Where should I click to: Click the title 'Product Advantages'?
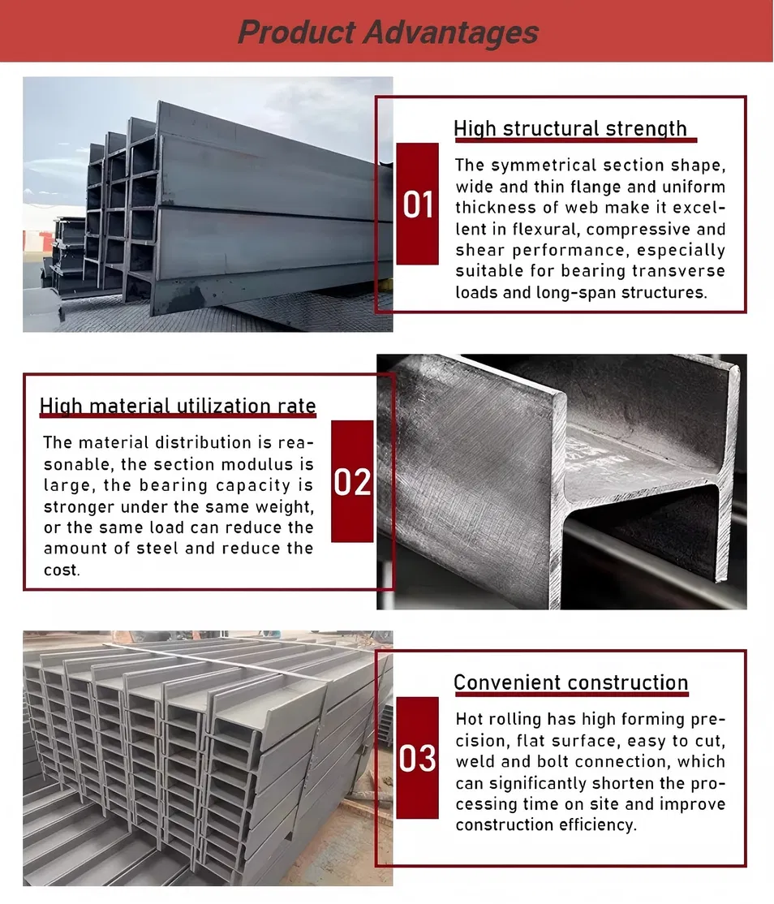click(x=388, y=32)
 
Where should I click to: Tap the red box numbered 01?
click(x=418, y=204)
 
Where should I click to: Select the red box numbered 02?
click(x=352, y=481)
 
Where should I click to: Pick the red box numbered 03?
click(x=418, y=758)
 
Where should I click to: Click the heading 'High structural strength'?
click(x=570, y=129)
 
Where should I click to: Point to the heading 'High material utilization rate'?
click(x=178, y=406)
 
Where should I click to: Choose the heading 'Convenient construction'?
click(x=570, y=682)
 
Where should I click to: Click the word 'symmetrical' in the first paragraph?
click(x=535, y=166)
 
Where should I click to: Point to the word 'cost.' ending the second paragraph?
click(x=62, y=570)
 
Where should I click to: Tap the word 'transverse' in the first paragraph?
click(x=684, y=271)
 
